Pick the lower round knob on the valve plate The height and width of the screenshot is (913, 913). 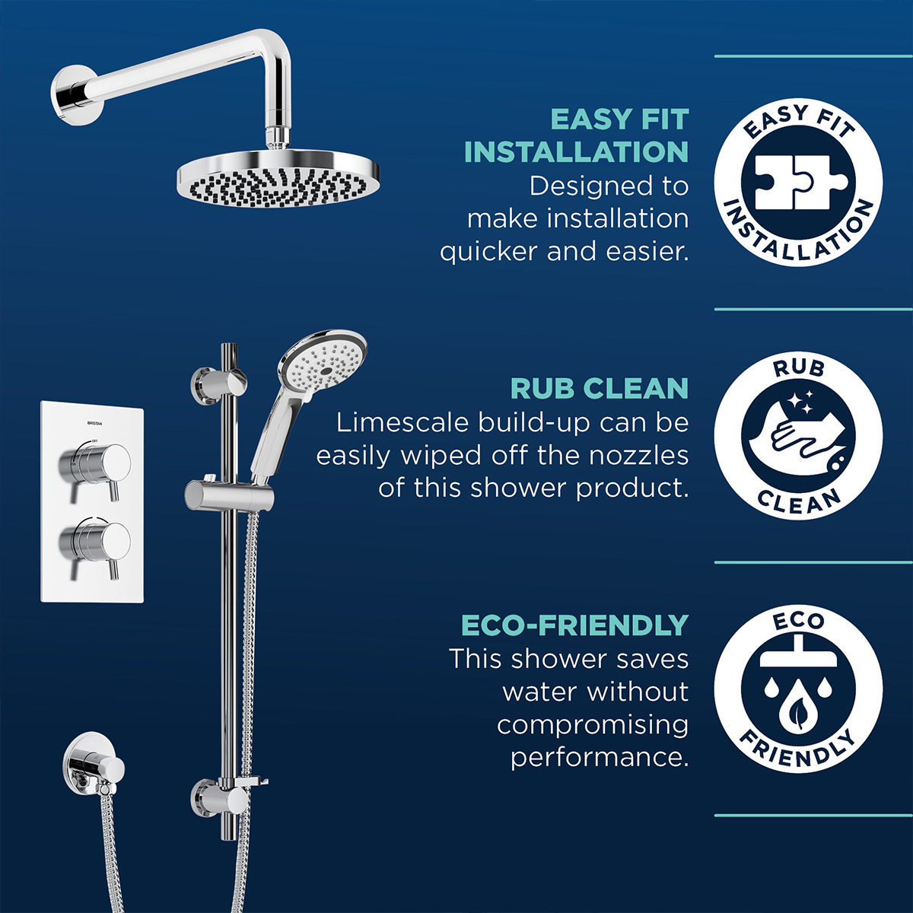pyautogui.click(x=95, y=542)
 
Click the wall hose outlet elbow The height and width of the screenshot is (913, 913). pyautogui.click(x=93, y=762)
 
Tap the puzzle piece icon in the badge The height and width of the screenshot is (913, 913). pyautogui.click(x=798, y=183)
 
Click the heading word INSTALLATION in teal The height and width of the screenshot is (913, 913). pyautogui.click(x=576, y=152)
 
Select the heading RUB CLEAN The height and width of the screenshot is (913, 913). pyautogui.click(x=599, y=389)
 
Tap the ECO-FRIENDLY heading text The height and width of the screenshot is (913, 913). pyautogui.click(x=574, y=625)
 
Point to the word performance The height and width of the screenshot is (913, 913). pyautogui.click(x=599, y=758)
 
